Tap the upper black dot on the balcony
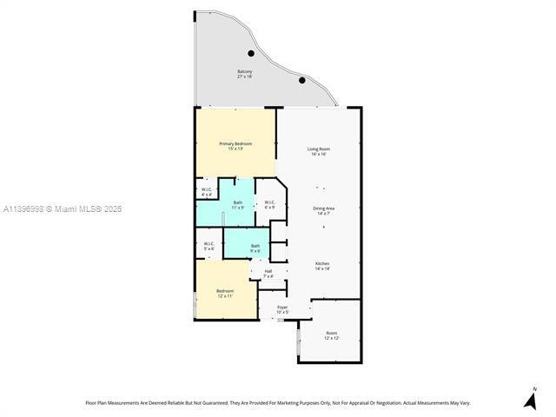(251, 52)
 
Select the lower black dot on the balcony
(302, 80)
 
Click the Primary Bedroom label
(235, 145)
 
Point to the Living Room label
(318, 149)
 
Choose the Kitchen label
(322, 263)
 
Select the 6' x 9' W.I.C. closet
(270, 204)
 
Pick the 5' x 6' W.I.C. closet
(208, 246)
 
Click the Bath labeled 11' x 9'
(238, 204)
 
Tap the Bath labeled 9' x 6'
(255, 248)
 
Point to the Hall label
(268, 273)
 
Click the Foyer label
(282, 308)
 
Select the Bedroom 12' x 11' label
(225, 293)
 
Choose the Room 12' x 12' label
(331, 334)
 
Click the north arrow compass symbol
(530, 399)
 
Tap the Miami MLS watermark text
(63, 208)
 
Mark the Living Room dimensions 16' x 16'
(318, 154)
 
